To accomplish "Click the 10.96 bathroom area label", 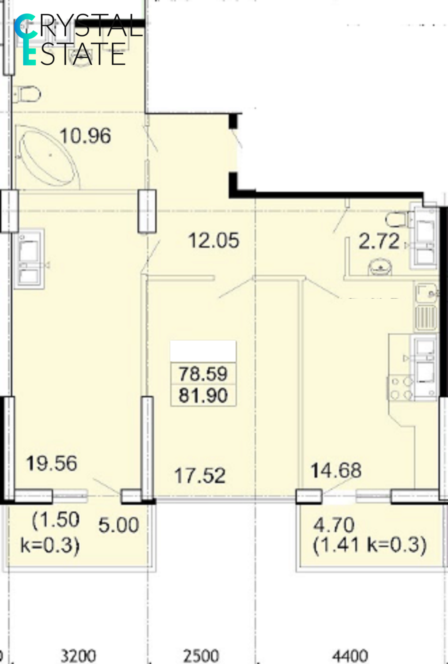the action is (86, 136).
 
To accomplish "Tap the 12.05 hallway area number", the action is (213, 240).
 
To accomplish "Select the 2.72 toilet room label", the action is (379, 241).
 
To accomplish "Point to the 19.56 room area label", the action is (51, 463).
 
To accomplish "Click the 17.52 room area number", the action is (200, 476).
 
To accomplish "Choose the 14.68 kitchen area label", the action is (336, 470).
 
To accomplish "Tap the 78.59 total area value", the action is (203, 373).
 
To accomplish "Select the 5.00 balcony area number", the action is (119, 525).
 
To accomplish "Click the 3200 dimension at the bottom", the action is (78, 656).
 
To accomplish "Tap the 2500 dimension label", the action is (201, 656).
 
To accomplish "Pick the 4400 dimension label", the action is (350, 656).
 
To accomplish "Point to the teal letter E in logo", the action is (29, 54).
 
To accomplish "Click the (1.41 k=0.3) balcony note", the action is (370, 544).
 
